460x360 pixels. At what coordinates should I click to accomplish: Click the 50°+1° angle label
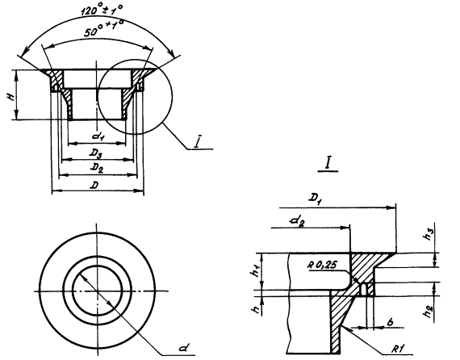[x=103, y=29]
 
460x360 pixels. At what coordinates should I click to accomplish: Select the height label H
[x=12, y=95]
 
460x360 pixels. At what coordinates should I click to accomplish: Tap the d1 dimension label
[x=97, y=136]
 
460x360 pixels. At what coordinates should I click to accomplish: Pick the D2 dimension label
[x=97, y=168]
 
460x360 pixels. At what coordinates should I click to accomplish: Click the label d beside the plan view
[x=184, y=348]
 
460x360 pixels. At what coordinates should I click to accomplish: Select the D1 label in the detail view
[x=314, y=199]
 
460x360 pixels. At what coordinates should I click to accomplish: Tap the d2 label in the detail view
[x=297, y=221]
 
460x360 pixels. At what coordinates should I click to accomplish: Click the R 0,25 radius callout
[x=322, y=266]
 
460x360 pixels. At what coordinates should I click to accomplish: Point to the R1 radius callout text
[x=398, y=349]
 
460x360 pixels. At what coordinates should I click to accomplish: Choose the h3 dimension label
[x=429, y=235]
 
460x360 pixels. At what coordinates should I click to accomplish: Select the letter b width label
[x=390, y=322]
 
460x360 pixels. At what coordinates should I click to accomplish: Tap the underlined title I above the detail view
[x=328, y=165]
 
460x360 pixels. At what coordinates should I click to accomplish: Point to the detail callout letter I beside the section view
[x=199, y=143]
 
